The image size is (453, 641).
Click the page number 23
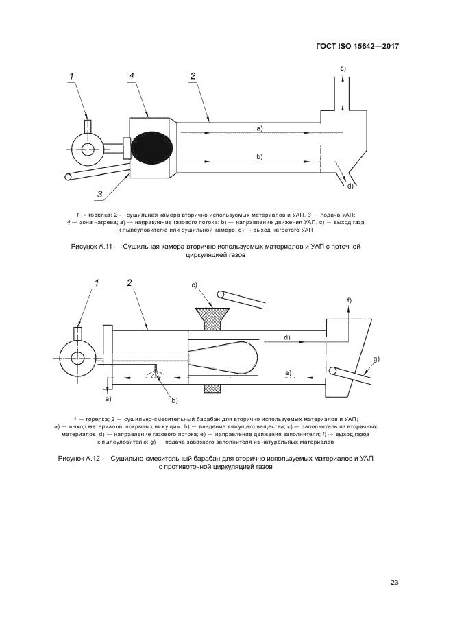click(394, 583)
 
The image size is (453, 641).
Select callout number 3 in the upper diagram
click(100, 195)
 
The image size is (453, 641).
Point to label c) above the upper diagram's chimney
click(343, 68)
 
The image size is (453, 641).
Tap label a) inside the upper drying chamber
click(260, 128)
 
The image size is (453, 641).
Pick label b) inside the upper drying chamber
click(260, 157)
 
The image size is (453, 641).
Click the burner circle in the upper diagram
click(87, 149)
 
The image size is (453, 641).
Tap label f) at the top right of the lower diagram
click(349, 301)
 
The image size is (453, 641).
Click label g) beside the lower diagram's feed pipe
click(376, 359)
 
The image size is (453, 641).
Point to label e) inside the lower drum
click(289, 372)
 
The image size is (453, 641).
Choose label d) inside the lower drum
click(287, 337)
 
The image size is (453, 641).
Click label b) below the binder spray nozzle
click(175, 400)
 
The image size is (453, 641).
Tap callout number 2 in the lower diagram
click(130, 282)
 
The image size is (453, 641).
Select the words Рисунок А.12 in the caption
click(79, 457)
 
